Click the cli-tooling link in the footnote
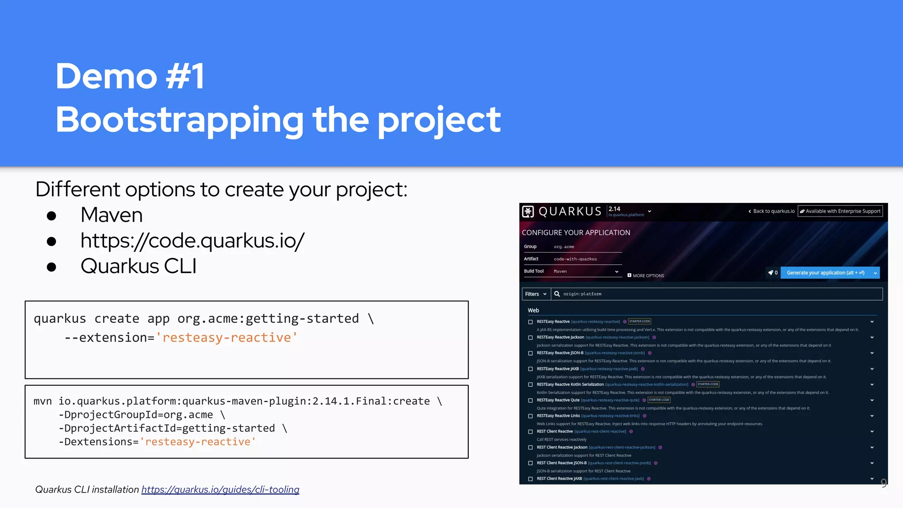(220, 489)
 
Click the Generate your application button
(825, 273)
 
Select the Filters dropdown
(536, 294)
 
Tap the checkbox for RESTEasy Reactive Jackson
(530, 338)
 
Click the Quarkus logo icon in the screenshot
(528, 212)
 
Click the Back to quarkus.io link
(772, 211)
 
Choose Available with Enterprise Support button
(840, 211)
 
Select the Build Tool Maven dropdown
(586, 271)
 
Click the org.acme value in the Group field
(564, 247)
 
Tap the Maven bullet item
(112, 215)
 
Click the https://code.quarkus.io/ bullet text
(192, 241)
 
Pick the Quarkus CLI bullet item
(138, 266)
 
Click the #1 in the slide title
(185, 76)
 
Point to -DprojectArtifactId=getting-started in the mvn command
(167, 428)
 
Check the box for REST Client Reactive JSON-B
(530, 463)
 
